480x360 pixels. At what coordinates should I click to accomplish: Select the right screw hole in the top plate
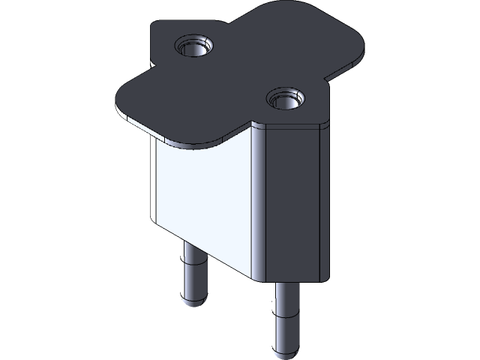coord(286,98)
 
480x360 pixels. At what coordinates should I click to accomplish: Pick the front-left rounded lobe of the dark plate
coord(139,101)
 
